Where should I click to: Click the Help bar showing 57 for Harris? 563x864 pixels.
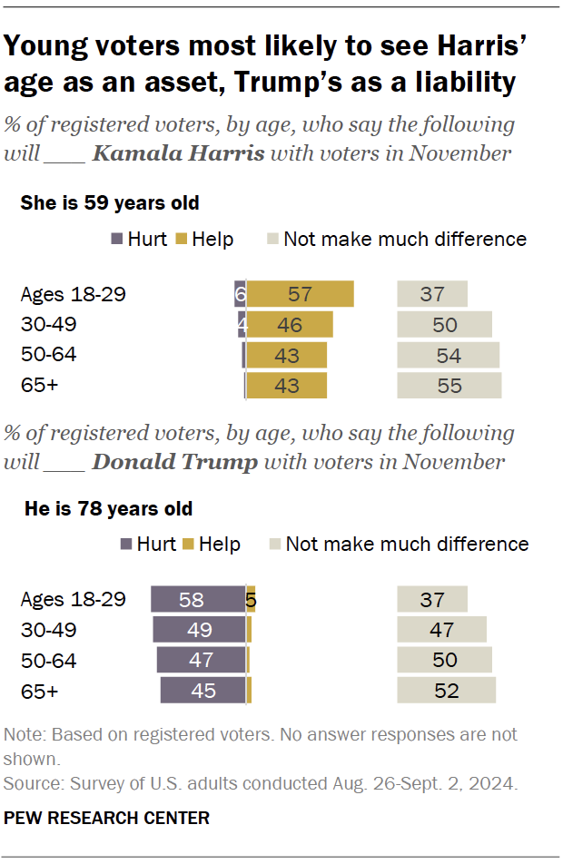[x=300, y=294]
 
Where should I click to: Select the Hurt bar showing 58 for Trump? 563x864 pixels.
[x=198, y=600]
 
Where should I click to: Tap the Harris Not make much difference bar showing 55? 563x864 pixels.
[x=449, y=385]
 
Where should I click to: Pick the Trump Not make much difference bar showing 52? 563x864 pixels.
[x=446, y=690]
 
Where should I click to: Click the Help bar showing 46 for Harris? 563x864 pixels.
[x=290, y=324]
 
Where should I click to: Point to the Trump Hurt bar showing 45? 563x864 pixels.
[x=203, y=690]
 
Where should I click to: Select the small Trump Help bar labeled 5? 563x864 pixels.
[x=251, y=600]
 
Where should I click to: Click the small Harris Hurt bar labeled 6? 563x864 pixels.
[x=241, y=294]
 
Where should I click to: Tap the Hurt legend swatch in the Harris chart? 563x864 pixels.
[x=116, y=240]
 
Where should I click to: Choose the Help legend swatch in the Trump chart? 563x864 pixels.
[x=189, y=545]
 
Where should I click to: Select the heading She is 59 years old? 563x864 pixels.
[x=110, y=203]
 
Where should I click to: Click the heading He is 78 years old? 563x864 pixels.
[x=108, y=508]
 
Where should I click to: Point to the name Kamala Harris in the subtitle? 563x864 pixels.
[x=179, y=153]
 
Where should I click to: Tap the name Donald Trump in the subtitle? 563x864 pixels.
[x=175, y=462]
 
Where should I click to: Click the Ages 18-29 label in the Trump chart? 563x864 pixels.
[x=73, y=600]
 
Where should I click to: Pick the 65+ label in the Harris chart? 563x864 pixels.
[x=39, y=385]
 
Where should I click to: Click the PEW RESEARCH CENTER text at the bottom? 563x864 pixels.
[x=106, y=818]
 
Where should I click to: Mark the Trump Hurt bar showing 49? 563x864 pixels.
[x=200, y=630]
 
